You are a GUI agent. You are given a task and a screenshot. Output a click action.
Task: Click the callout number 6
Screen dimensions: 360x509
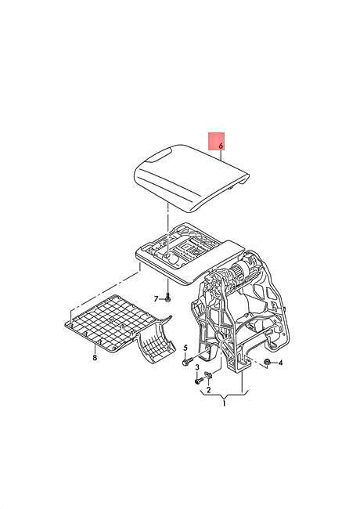221,146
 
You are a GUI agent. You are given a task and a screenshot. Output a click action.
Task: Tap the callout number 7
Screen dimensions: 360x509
156,299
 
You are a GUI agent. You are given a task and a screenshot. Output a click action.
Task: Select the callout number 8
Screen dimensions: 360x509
95,358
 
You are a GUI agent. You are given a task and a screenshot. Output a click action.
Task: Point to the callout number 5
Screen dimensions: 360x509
185,348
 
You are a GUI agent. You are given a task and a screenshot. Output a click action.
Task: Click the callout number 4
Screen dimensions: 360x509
280,363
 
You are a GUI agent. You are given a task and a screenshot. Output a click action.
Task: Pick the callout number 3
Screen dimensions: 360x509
197,367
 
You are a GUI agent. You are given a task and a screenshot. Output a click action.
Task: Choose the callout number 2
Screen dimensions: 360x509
208,390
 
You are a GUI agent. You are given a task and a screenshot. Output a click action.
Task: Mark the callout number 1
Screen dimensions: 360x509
224,404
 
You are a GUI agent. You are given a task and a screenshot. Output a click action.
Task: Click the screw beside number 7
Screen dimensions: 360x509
167,298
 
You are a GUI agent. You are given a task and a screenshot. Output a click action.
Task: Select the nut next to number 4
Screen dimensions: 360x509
267,362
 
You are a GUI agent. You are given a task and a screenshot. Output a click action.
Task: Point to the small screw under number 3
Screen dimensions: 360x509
199,380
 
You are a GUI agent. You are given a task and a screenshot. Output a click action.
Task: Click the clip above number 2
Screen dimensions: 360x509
209,376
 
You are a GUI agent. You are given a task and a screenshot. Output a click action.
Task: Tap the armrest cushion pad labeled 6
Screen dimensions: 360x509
192,178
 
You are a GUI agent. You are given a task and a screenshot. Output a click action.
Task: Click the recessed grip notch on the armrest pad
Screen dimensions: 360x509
159,156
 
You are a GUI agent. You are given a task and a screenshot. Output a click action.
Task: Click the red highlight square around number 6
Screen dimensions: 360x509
216,142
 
